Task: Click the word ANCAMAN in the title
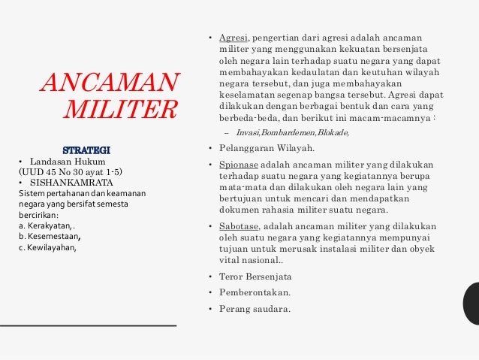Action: click(110, 80)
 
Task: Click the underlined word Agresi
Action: click(232, 37)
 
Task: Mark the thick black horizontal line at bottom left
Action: click(89, 325)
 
